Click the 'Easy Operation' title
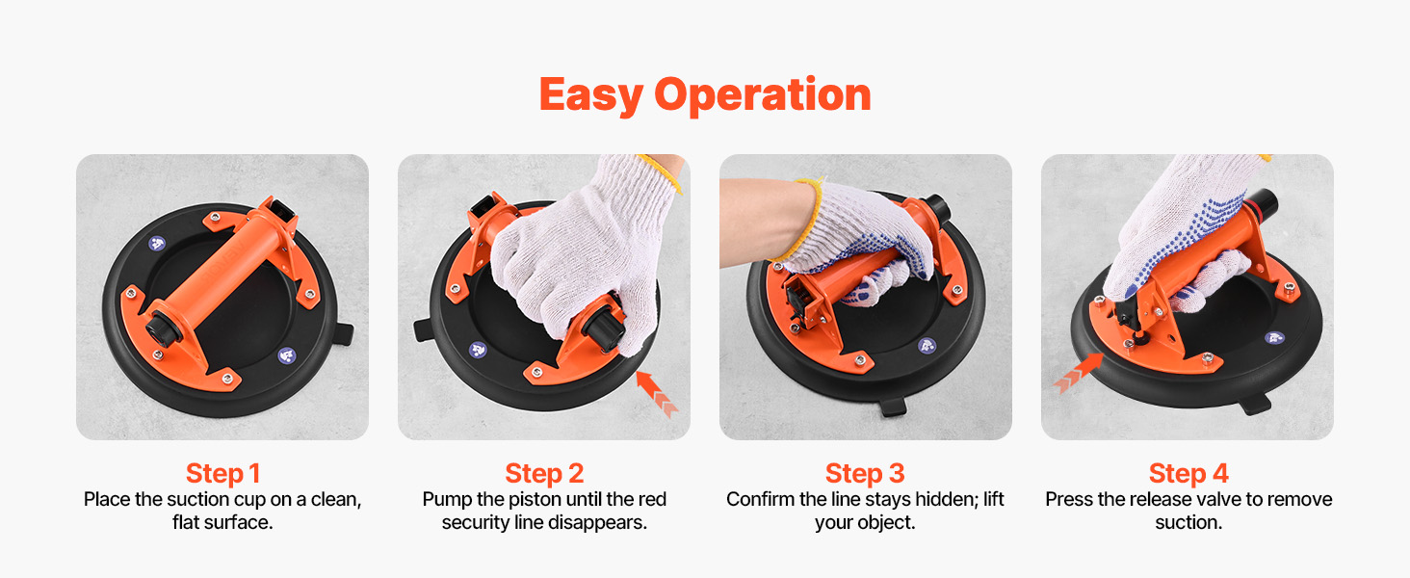705,94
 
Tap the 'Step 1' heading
222,474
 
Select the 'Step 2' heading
544,474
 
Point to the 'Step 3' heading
865,474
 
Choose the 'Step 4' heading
1188,474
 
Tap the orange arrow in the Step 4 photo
1079,373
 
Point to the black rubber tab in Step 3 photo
893,407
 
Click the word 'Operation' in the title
762,95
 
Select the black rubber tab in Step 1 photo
343,333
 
